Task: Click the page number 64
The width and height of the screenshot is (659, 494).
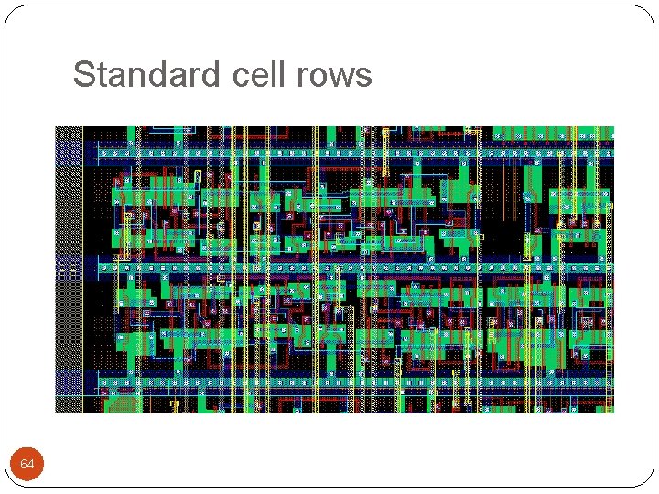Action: pos(27,466)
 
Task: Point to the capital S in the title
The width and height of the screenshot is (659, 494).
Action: pos(83,74)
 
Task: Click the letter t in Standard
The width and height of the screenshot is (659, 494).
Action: pos(99,75)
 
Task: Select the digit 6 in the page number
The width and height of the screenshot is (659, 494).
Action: pos(24,466)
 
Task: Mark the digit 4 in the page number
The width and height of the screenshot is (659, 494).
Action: pos(31,466)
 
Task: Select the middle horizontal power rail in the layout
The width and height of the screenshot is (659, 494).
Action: pos(348,267)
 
